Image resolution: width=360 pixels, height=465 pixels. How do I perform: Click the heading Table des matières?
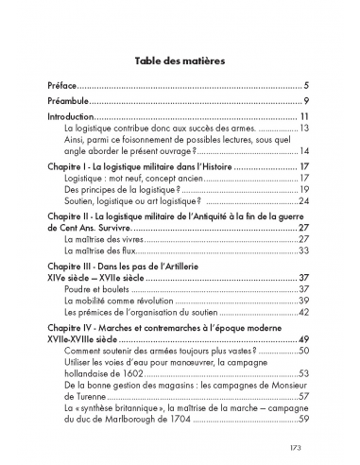pos(180,57)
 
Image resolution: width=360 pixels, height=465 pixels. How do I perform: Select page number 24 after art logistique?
pos(304,200)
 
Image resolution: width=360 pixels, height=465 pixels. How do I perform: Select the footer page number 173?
pos(299,446)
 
